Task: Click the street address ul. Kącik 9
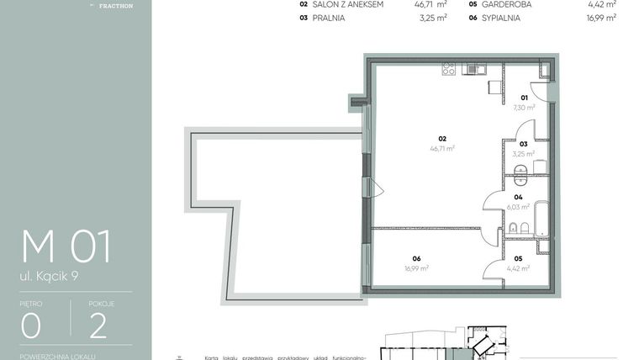pos(56,275)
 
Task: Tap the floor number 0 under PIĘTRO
pos(32,325)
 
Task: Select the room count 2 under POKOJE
pos(98,325)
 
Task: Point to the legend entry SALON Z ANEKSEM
pos(348,4)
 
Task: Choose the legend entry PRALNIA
pos(328,17)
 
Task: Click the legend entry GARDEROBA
pos(506,4)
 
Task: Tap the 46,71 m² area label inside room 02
pos(442,148)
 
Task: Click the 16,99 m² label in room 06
pos(416,268)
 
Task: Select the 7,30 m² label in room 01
pos(524,108)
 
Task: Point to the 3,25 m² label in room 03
pos(523,154)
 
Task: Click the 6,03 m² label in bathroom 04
pos(518,207)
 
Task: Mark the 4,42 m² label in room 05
pos(518,268)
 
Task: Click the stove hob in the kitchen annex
pos(448,70)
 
